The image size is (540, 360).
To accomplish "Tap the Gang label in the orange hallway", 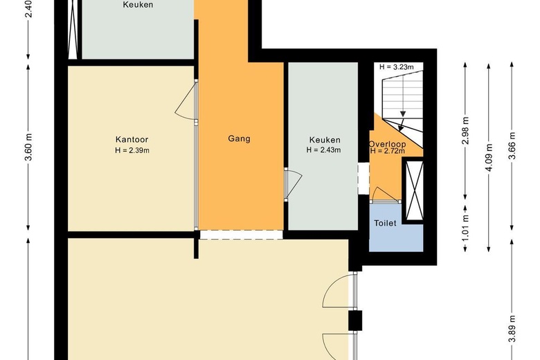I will [239, 138].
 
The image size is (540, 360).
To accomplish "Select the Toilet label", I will [385, 224].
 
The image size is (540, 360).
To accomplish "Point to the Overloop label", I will [388, 144].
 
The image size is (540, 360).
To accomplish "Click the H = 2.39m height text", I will [132, 150].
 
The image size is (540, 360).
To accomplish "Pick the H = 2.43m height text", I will [324, 150].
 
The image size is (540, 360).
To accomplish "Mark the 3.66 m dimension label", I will [512, 146].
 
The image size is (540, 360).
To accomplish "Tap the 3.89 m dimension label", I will [512, 339].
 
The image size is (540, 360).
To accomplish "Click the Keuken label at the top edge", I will [138, 5].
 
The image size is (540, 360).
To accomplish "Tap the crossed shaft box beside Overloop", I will [415, 189].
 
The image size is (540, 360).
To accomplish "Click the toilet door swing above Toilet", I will [383, 195].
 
